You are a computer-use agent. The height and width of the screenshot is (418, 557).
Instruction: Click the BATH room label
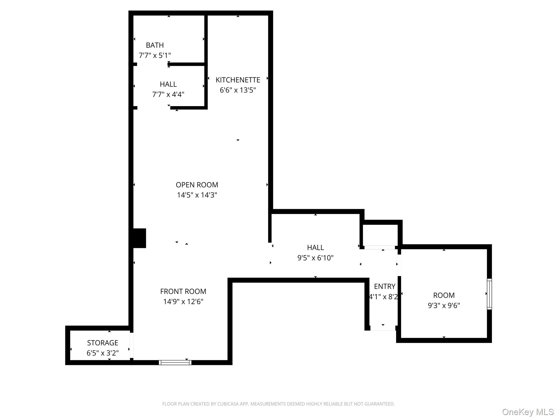pos(155,45)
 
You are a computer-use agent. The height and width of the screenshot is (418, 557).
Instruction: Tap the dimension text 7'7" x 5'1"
pos(155,56)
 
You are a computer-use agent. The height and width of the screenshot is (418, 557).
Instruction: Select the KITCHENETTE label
pos(238,80)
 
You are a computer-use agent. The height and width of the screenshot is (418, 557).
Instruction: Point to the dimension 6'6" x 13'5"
pos(238,90)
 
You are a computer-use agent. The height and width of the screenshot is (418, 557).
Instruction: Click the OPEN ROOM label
pos(197,185)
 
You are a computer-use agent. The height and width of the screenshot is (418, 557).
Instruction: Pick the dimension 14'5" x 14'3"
pos(197,195)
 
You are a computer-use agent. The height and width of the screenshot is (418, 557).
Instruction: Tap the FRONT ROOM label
pos(183,291)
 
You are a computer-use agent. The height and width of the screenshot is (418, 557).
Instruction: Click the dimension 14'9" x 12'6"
pos(183,302)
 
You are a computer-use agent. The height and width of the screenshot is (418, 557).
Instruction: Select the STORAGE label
pos(103,343)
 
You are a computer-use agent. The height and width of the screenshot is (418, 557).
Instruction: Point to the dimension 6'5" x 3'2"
pos(103,353)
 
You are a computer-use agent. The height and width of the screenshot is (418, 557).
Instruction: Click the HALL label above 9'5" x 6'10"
pos(315,248)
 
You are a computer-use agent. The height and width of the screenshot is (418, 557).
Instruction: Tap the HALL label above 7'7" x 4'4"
pos(168,84)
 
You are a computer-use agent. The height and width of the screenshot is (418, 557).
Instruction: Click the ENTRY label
pos(384,287)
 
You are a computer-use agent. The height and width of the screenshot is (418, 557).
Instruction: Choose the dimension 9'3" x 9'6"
pos(444,306)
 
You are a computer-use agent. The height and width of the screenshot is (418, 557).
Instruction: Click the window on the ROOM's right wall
pos(489,294)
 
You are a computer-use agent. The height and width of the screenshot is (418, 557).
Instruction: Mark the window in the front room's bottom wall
pos(175,362)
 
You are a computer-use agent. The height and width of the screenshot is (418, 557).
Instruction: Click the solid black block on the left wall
pos(140,238)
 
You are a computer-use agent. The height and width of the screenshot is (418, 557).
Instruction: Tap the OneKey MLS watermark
pos(528,412)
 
